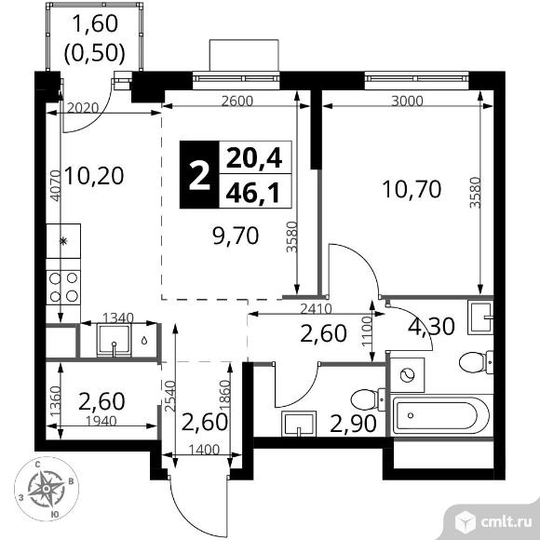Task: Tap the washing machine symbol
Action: (407, 375)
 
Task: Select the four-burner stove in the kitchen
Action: (63, 286)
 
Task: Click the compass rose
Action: (47, 485)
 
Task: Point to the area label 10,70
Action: (408, 191)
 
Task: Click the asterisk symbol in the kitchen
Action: (63, 241)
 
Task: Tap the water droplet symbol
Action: (144, 341)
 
